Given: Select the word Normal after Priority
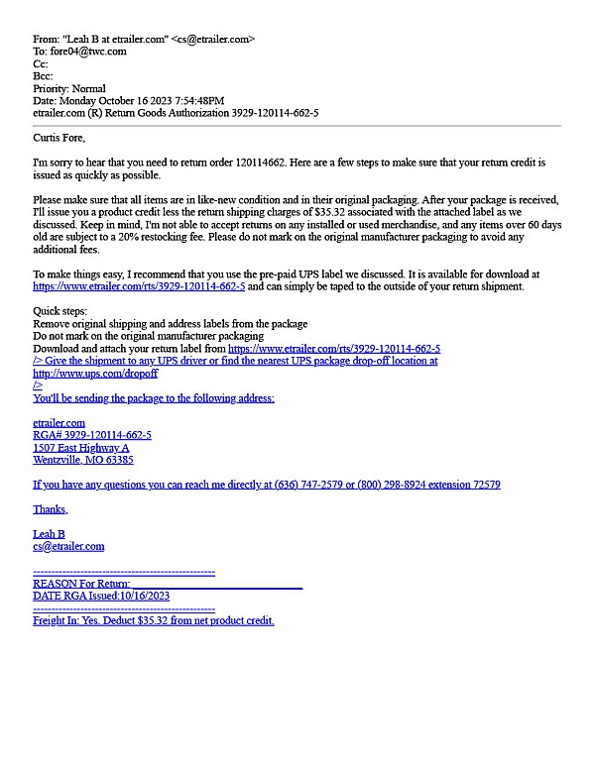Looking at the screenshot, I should (x=87, y=88).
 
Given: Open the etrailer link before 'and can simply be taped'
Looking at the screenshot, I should (x=139, y=286).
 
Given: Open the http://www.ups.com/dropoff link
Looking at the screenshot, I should (x=95, y=374).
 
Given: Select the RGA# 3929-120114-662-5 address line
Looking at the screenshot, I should (x=92, y=435).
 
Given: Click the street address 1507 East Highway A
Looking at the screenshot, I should (x=81, y=448).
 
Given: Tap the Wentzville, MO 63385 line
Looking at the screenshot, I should (x=83, y=460).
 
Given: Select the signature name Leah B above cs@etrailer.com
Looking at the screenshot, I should (x=49, y=534).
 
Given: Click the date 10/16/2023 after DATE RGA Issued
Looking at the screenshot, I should (x=146, y=596).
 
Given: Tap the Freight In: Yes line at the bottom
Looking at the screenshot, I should (x=153, y=620).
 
